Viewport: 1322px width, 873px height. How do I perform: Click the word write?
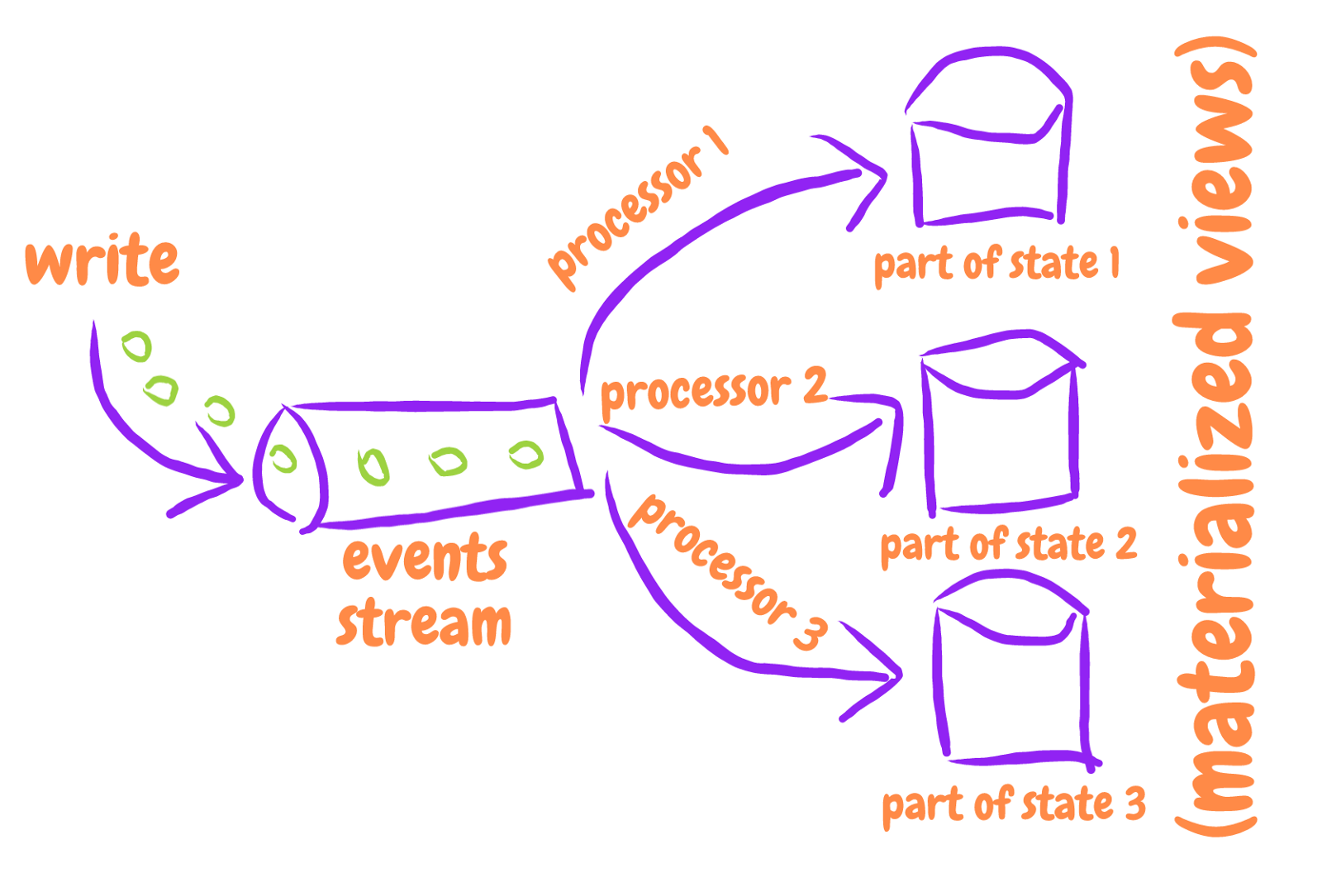[x=102, y=260]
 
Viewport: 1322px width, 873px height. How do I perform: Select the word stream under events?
[x=424, y=623]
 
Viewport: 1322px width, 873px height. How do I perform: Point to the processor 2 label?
[x=712, y=390]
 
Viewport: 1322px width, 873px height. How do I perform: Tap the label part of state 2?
[x=1008, y=546]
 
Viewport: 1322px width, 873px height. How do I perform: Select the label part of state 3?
[x=1014, y=804]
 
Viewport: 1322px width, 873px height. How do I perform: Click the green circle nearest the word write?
[x=137, y=346]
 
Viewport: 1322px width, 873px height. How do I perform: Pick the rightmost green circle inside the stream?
[x=525, y=454]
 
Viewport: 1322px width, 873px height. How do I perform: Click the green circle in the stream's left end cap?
[x=283, y=459]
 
